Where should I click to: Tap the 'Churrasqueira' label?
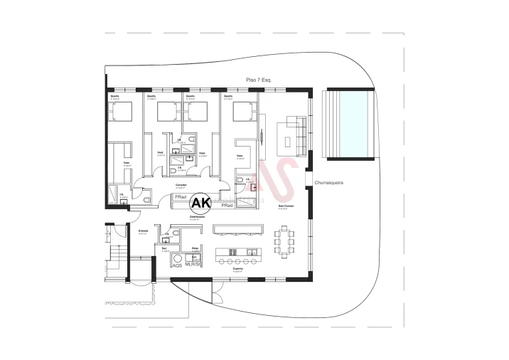click(328, 183)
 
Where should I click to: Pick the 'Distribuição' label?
click(198, 216)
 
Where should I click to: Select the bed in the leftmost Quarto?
click(121, 111)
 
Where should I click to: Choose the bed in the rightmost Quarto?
click(244, 111)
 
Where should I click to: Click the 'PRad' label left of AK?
click(181, 196)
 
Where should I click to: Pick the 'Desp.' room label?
click(195, 248)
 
